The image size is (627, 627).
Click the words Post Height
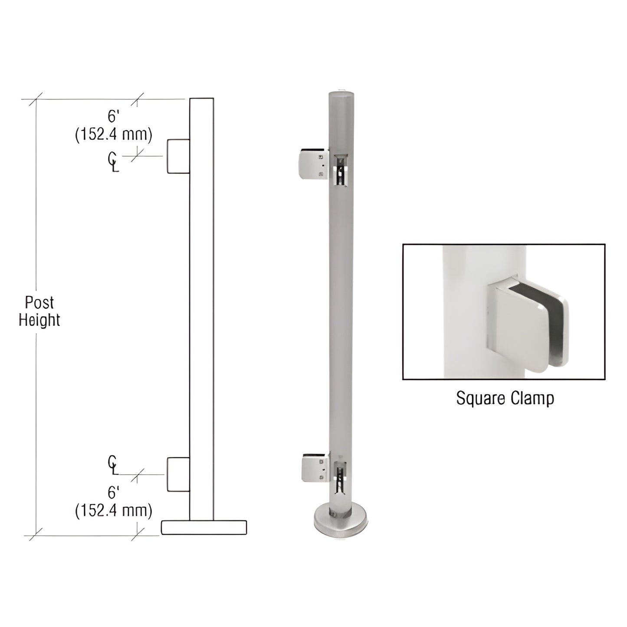39,311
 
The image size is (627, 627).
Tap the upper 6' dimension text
113,116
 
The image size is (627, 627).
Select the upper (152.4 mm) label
114,135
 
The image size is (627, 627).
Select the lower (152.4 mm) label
114,511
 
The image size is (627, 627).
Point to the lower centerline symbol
113,465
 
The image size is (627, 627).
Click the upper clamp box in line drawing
178,156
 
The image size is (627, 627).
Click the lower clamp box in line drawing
178,474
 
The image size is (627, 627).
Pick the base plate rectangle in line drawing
204,527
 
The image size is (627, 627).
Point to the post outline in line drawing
202,304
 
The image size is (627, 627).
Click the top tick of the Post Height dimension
36,99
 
